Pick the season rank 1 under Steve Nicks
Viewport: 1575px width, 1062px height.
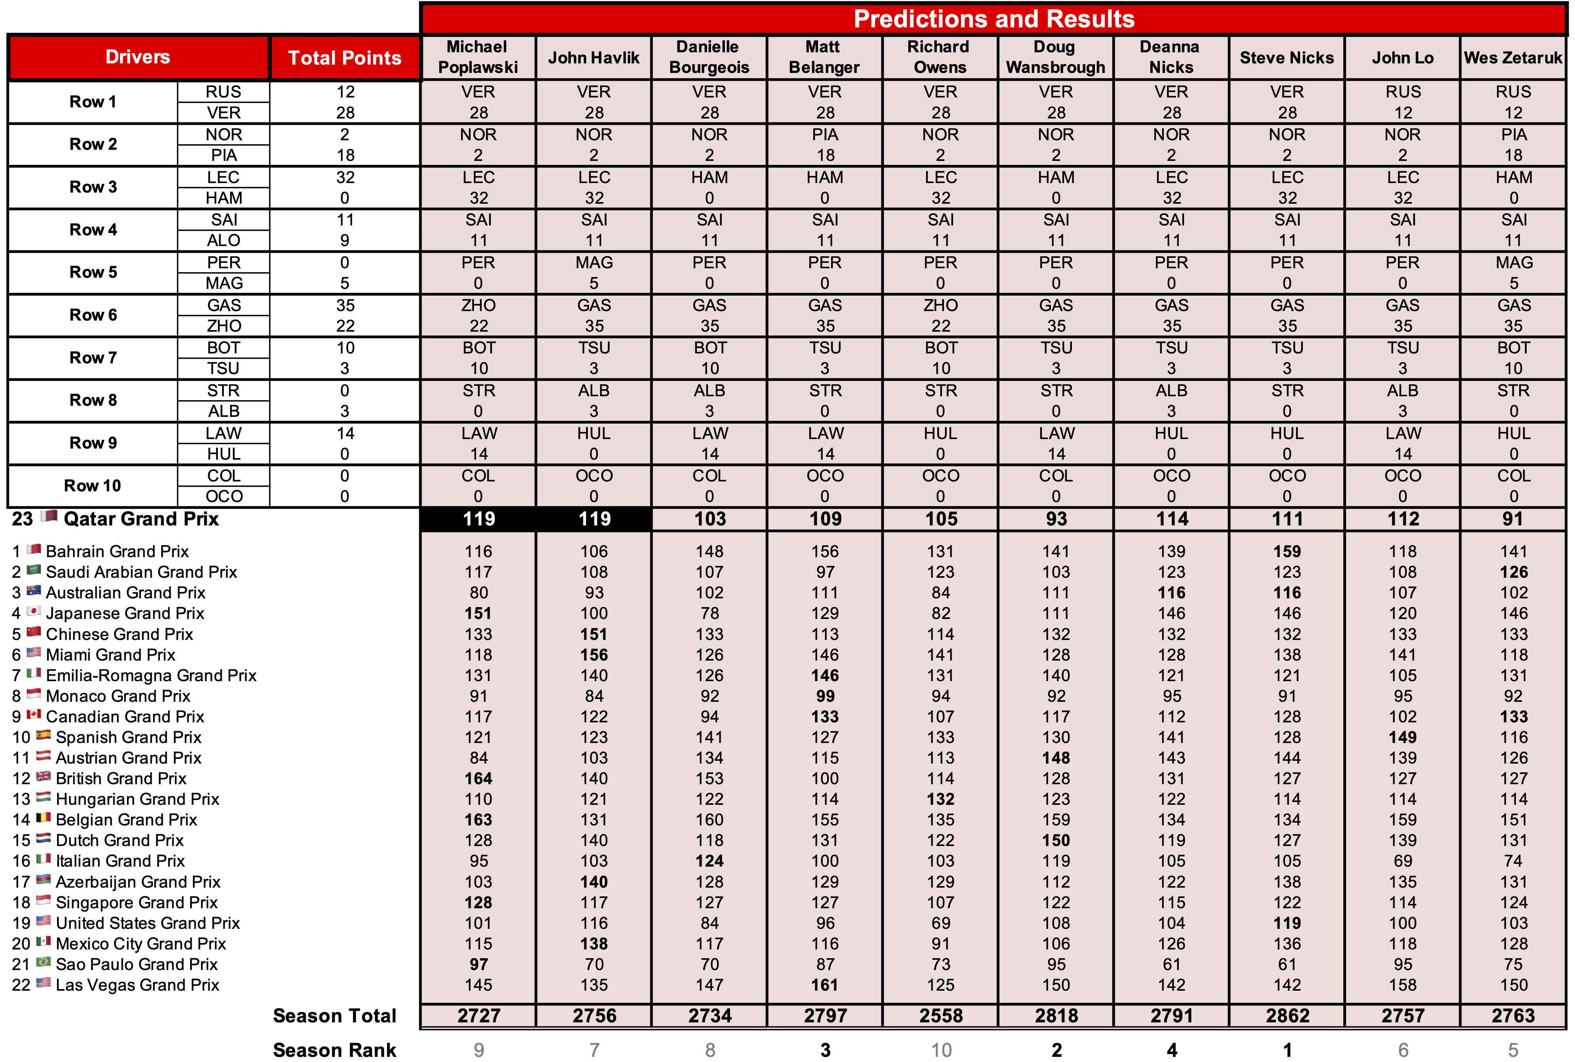(x=1287, y=1050)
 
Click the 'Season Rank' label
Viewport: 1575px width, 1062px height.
(x=334, y=1050)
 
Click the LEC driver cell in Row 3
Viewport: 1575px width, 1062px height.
(x=223, y=178)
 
